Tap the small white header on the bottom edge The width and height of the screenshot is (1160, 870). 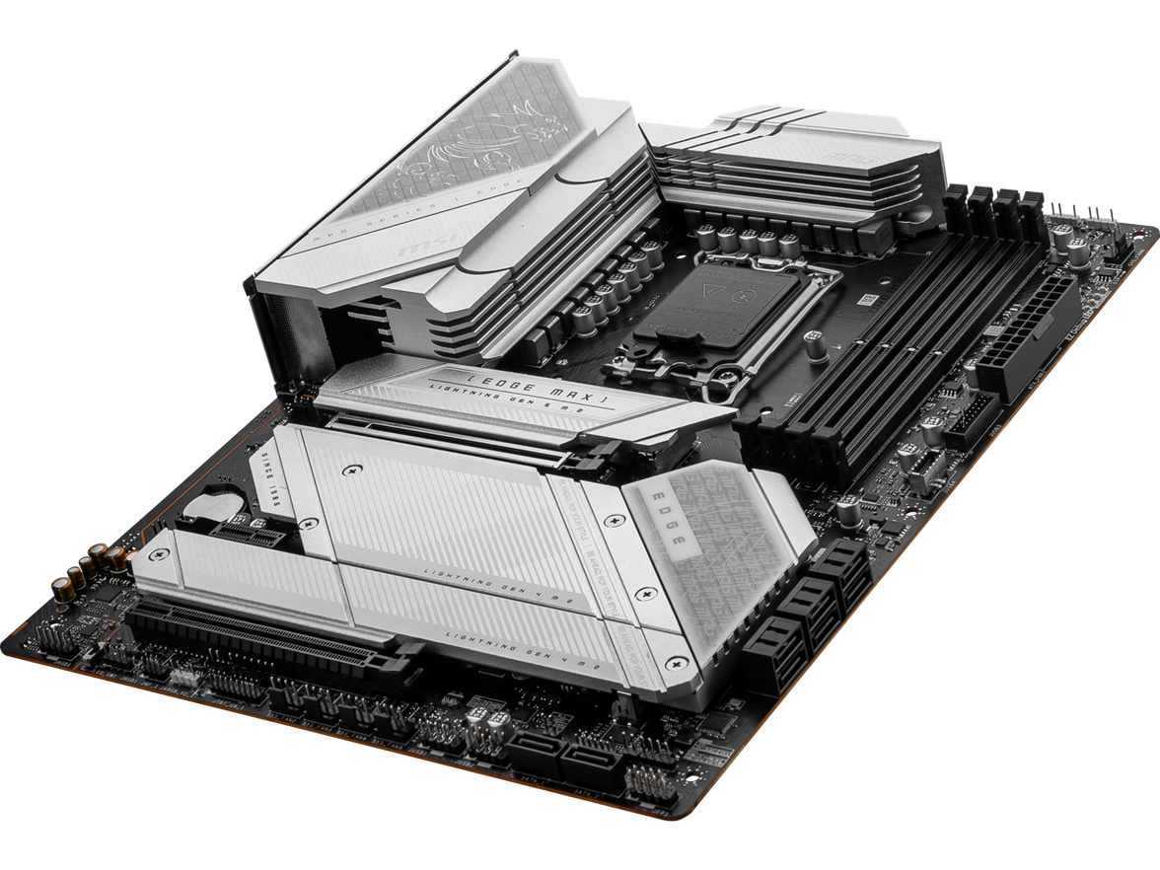(181, 678)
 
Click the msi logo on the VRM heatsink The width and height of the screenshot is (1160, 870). (414, 248)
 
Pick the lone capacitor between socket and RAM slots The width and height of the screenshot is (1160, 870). (816, 344)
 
